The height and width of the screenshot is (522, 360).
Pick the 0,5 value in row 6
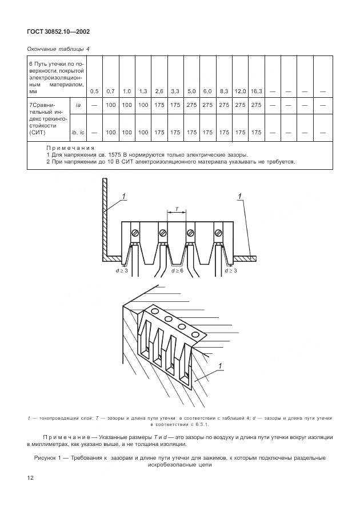(x=94, y=91)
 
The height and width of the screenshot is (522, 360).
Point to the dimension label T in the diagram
(x=176, y=209)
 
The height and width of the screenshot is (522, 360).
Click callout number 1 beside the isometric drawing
(x=221, y=365)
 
